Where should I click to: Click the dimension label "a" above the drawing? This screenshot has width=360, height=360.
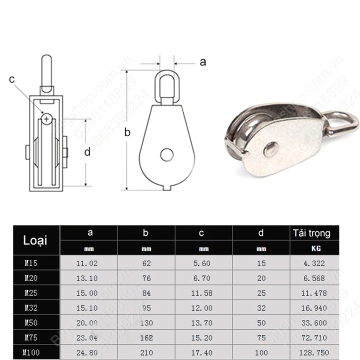click(x=202, y=62)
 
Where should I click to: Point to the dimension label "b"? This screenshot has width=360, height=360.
click(x=127, y=132)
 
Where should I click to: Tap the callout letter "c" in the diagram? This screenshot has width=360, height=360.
click(x=12, y=79)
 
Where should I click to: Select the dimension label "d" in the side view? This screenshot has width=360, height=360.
click(x=87, y=152)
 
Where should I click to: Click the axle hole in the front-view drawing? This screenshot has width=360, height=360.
click(x=166, y=154)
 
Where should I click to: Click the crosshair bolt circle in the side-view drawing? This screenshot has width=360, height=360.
click(x=46, y=119)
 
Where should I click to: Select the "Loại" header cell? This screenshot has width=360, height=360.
click(x=35, y=240)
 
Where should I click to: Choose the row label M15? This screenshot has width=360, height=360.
click(x=31, y=261)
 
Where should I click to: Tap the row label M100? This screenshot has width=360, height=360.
click(x=32, y=352)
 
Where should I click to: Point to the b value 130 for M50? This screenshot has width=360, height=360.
click(x=146, y=322)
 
